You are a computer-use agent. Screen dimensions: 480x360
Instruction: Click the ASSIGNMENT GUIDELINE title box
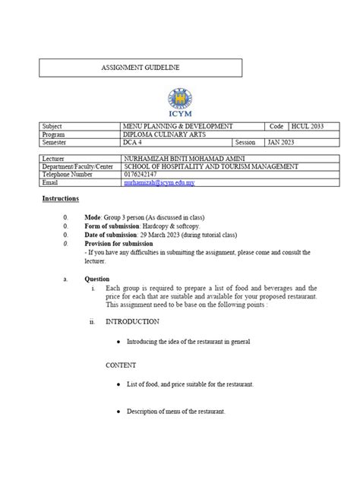coord(141,68)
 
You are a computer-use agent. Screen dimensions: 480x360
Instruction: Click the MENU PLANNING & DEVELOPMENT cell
coord(178,125)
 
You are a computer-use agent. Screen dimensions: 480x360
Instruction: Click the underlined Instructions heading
coord(60,198)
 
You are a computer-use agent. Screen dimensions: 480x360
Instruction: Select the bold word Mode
coord(93,216)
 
